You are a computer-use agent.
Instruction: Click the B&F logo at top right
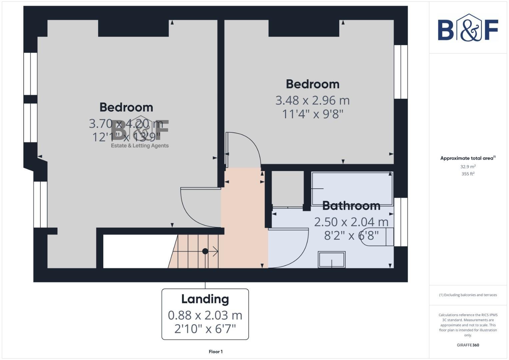coord(468,28)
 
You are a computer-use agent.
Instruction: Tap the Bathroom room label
coord(351,206)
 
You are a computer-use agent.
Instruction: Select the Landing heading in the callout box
coord(205,299)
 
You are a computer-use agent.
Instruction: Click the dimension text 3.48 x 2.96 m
coord(312,100)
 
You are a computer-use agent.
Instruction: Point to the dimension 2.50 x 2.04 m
coord(351,222)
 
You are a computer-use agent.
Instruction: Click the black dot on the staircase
coord(205,251)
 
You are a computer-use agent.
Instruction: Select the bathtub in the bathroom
coord(352,188)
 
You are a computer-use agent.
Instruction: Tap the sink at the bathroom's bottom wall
coord(332,259)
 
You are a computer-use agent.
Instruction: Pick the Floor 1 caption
coord(216,352)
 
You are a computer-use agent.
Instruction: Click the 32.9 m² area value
coord(468,167)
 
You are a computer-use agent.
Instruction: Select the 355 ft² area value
coord(468,174)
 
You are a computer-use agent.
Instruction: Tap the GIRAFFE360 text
coord(468,345)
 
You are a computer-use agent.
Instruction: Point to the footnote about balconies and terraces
coord(468,295)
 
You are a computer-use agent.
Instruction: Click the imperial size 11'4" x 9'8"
coord(312,114)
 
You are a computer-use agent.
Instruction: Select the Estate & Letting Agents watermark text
coord(140,146)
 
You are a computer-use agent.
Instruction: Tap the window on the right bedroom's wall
coord(401,72)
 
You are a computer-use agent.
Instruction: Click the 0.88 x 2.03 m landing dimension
coord(205,315)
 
